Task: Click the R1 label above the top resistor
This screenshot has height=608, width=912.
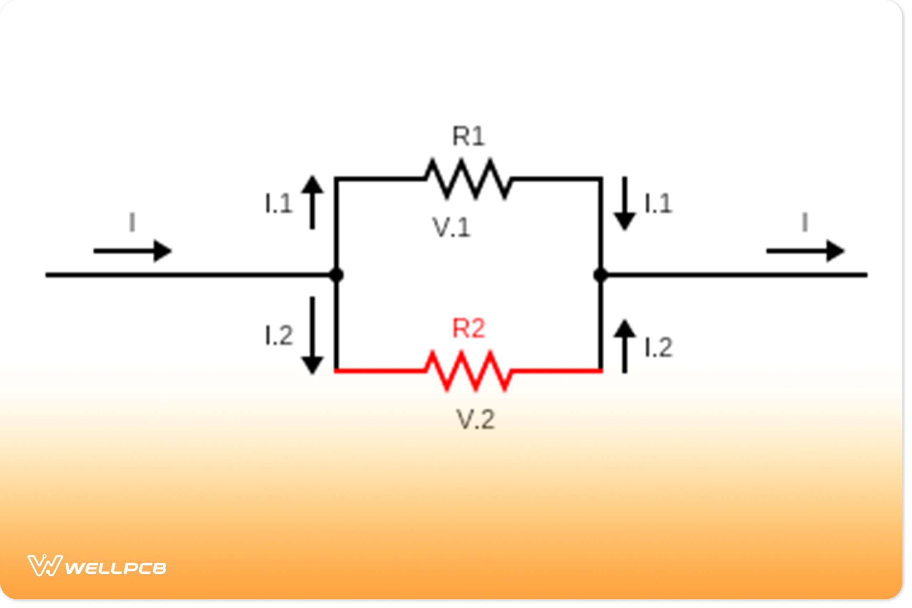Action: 468,136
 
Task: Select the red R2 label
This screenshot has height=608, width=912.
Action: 468,329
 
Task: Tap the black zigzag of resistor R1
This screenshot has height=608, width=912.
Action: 468,179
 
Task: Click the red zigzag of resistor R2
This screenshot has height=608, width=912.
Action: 468,371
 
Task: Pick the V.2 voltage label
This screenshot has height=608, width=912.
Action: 475,420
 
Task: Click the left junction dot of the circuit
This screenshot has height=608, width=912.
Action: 336,275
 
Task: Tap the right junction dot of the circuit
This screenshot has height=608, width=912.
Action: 601,275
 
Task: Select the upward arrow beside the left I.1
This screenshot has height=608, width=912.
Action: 312,202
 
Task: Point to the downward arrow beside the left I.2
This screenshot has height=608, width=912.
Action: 312,336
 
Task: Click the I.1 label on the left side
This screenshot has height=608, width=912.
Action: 278,204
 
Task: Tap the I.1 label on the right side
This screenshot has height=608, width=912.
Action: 658,204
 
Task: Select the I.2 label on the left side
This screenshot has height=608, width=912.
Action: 278,336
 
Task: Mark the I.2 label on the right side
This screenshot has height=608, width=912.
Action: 658,347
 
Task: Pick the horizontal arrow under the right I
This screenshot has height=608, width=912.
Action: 805,251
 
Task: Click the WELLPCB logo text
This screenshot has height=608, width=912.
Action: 115,568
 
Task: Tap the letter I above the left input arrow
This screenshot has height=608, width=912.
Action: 132,222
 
